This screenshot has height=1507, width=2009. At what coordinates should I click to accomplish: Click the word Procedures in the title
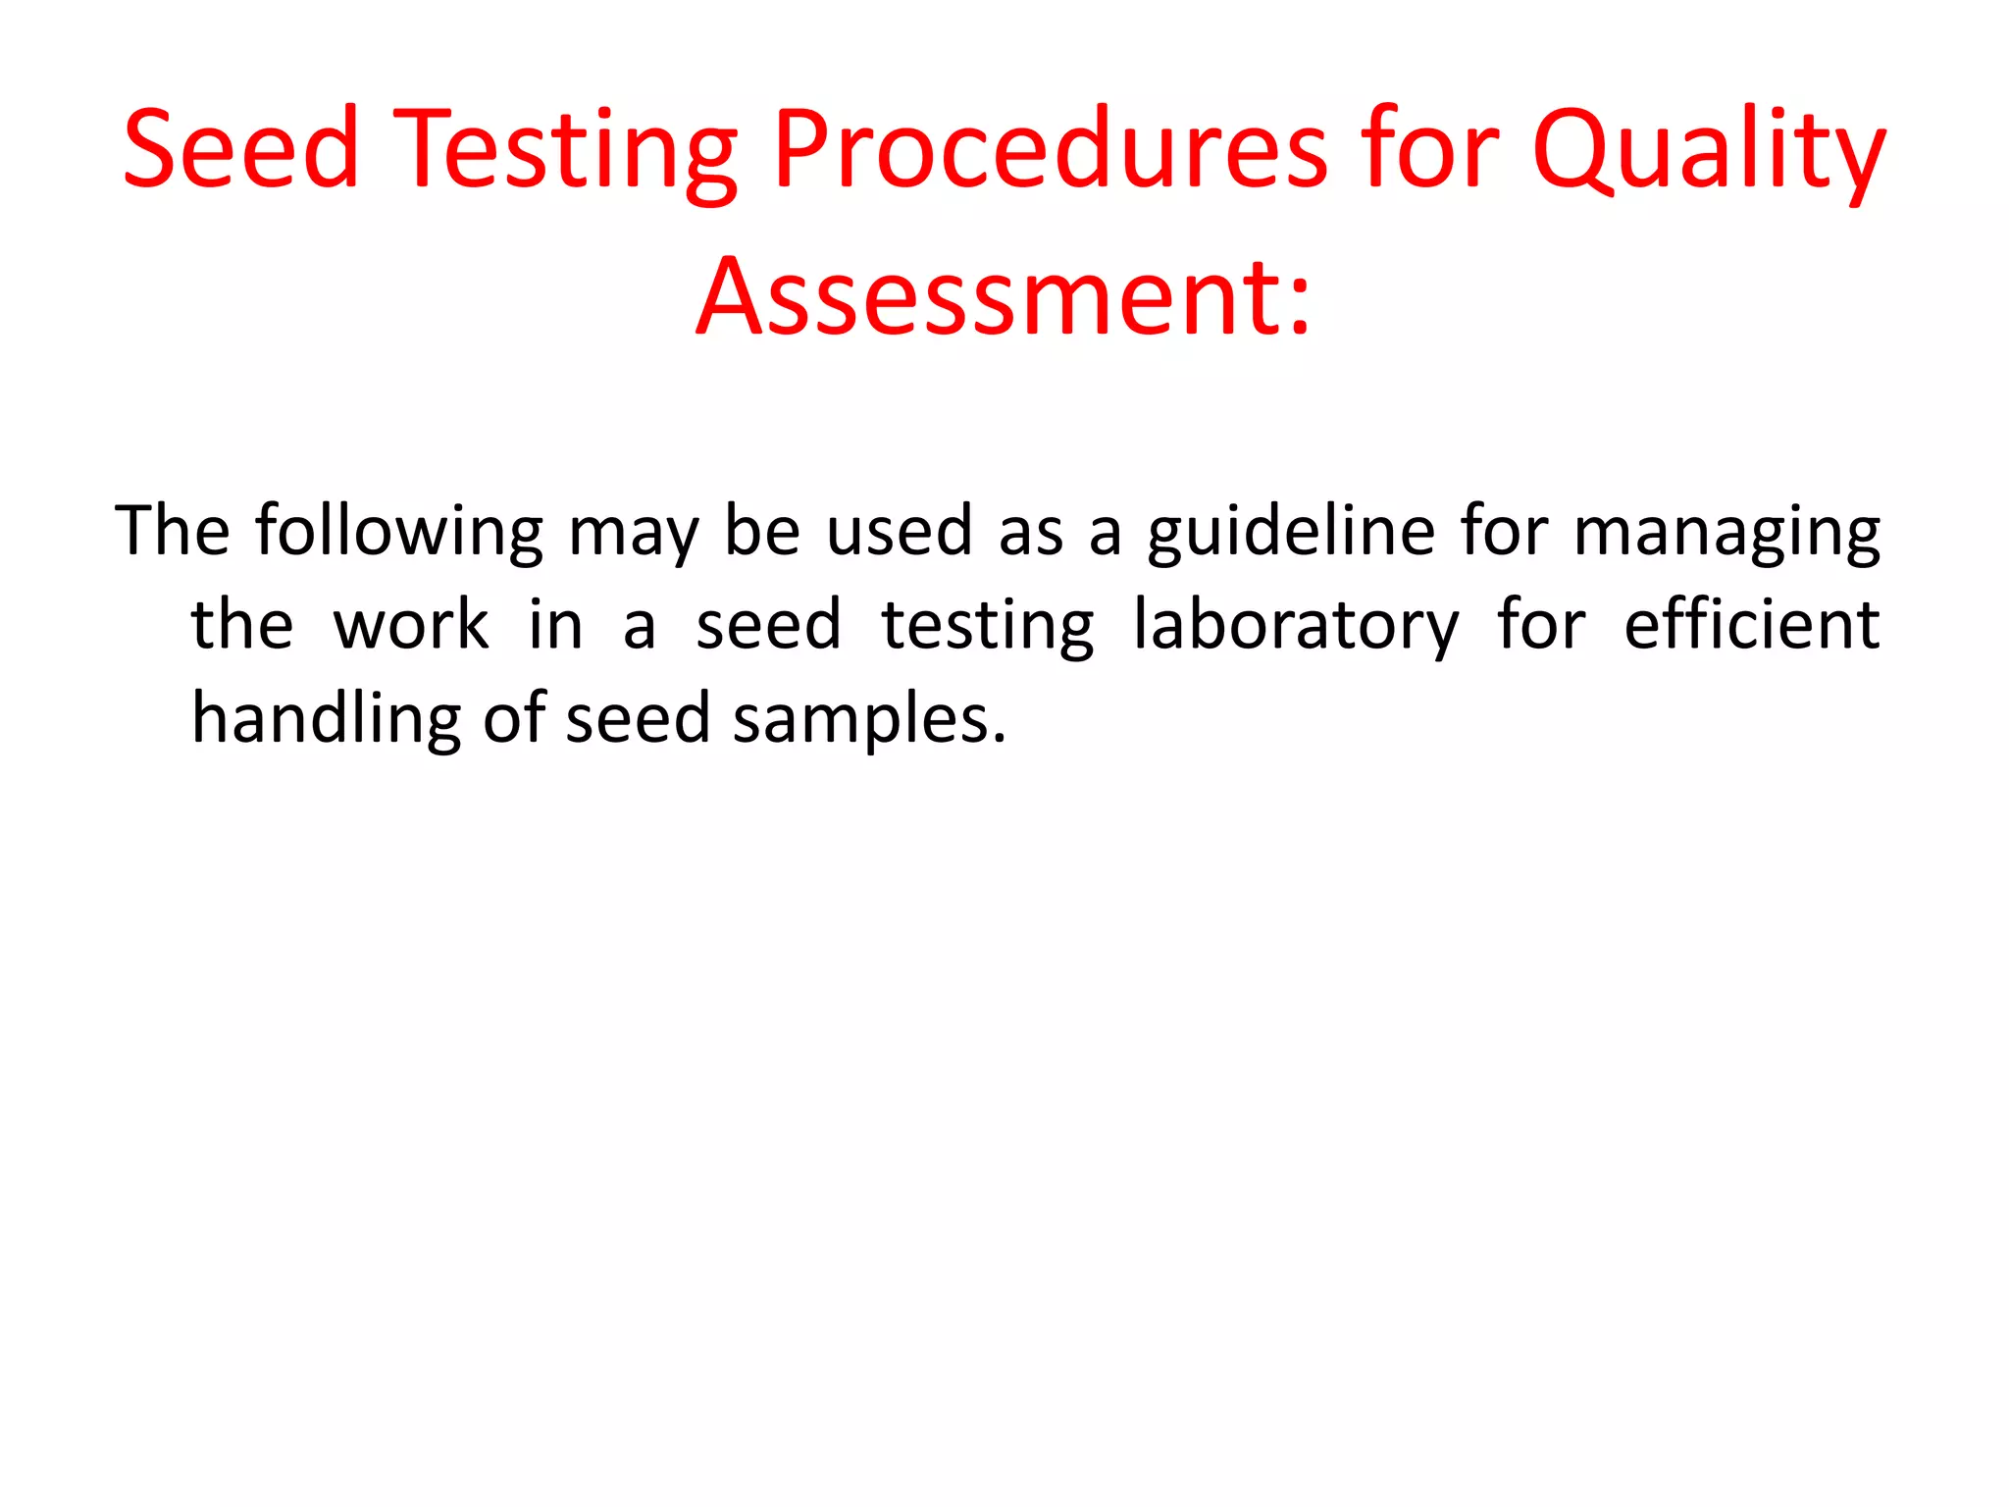click(1048, 150)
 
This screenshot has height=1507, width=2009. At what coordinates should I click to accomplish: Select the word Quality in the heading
click(1708, 150)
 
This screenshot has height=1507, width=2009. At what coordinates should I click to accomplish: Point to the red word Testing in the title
click(567, 150)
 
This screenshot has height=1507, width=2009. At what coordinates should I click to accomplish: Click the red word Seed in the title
click(241, 150)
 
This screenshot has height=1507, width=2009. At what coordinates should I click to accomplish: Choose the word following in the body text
click(399, 532)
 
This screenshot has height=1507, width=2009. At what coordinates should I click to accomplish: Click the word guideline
click(1292, 532)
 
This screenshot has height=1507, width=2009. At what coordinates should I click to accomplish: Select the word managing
click(1726, 532)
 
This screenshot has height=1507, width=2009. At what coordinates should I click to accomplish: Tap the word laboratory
click(1296, 626)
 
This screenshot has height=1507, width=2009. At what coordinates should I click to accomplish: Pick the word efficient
click(1752, 624)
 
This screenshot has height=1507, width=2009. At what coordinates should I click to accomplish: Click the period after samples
click(1000, 739)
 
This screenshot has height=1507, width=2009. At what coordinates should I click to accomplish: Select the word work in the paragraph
click(411, 625)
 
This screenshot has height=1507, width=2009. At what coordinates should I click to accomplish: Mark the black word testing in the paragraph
click(988, 626)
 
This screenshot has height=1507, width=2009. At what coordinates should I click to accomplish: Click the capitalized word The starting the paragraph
click(173, 531)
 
